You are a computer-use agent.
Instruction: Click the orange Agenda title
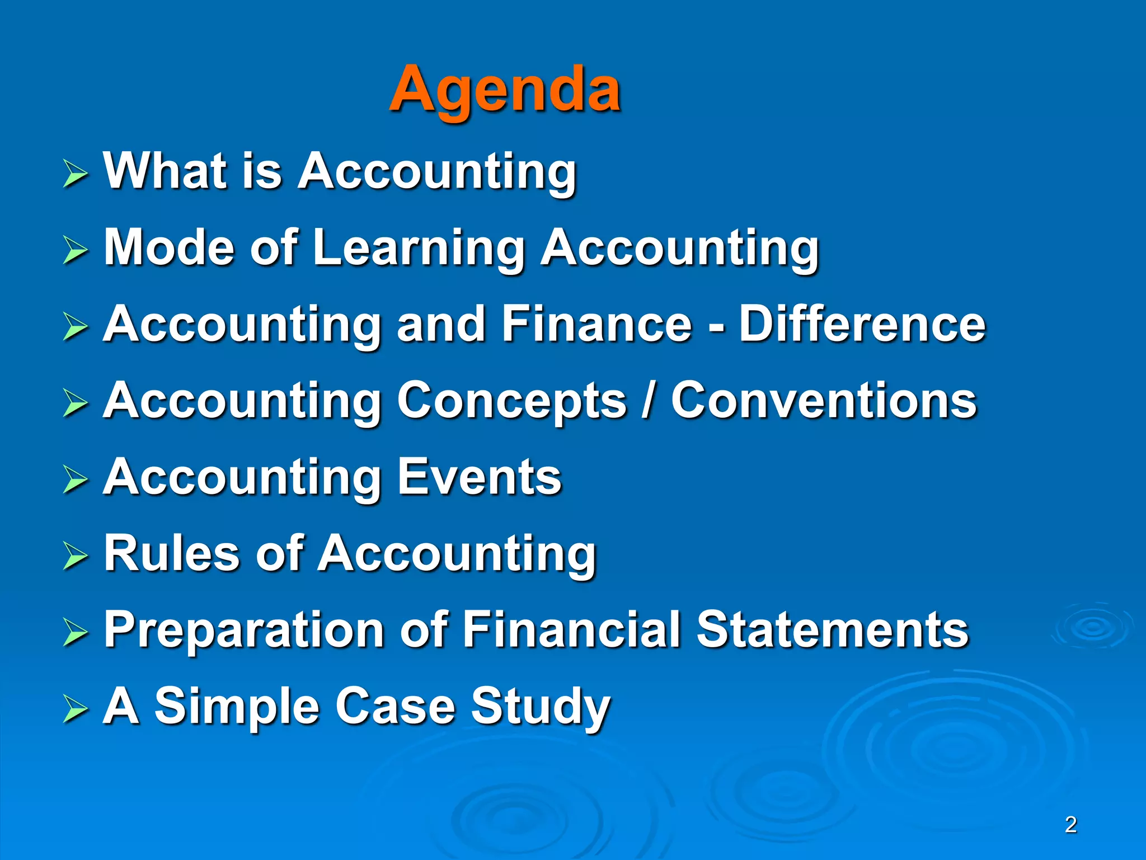click(x=505, y=90)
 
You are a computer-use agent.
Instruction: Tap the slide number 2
click(x=1070, y=825)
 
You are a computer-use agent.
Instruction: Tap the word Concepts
click(x=512, y=401)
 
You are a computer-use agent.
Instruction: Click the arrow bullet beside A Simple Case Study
click(x=75, y=708)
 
